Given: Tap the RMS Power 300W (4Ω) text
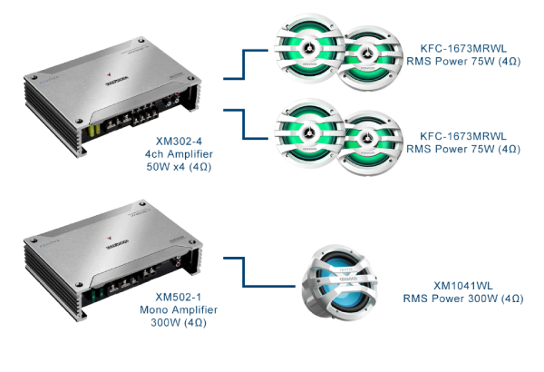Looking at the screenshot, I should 462,298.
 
